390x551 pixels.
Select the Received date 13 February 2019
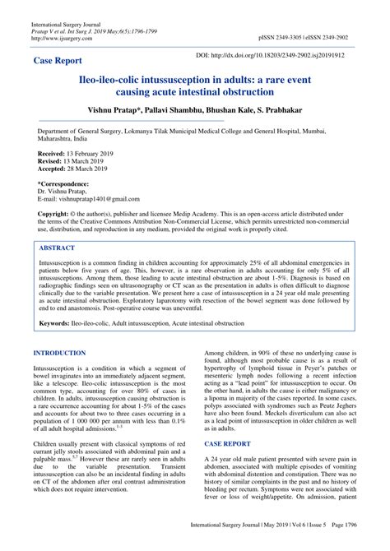pos(91,154)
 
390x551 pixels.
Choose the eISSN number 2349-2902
pos(332,38)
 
